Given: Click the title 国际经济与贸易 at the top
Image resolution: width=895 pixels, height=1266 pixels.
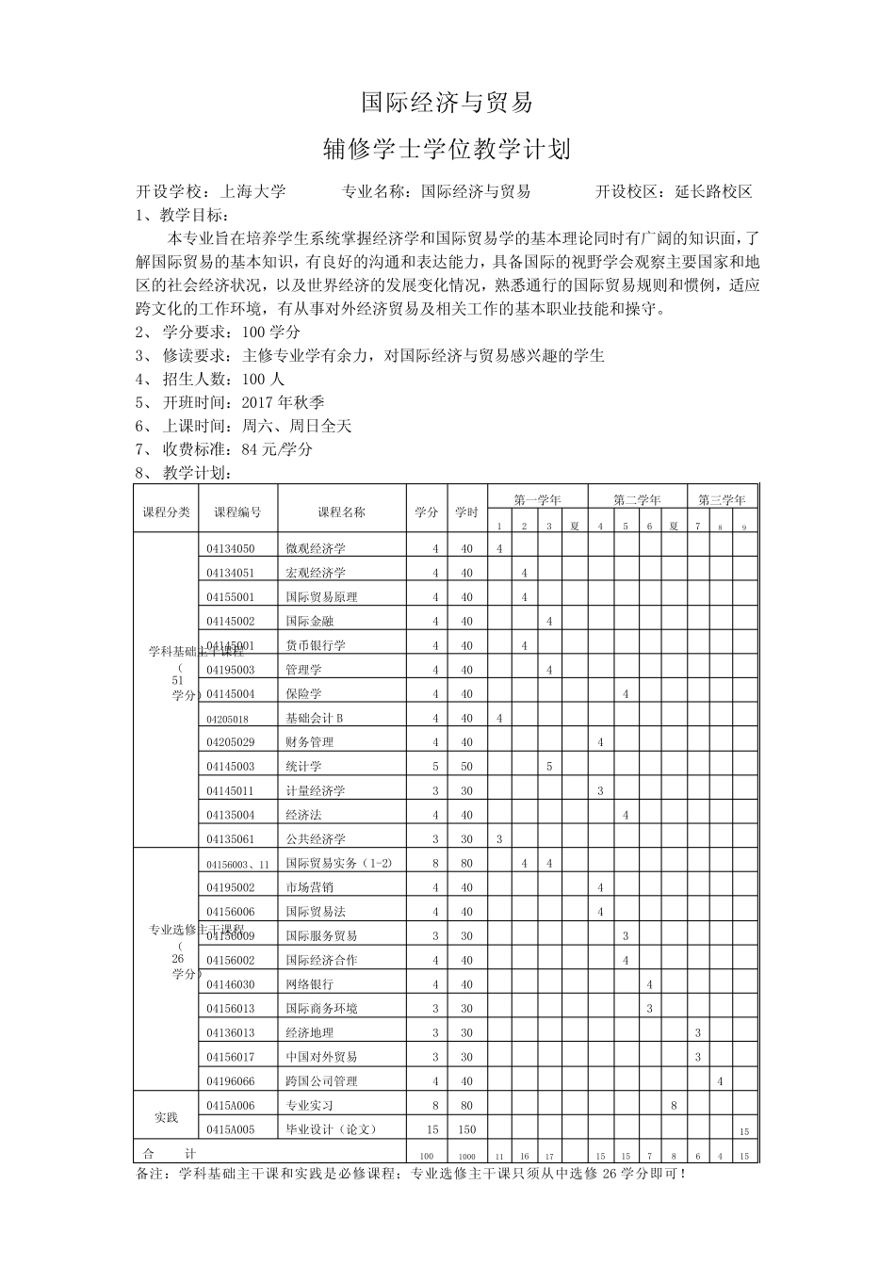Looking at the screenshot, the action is point(447,103).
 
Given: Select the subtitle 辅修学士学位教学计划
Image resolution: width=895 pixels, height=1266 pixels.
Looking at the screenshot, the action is point(447,149).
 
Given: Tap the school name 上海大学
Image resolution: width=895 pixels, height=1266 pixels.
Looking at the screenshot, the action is point(252,192).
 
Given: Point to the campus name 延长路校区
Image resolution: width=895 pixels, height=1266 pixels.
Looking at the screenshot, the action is point(713,192).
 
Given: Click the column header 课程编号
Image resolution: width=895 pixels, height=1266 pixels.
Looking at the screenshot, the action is point(237,512).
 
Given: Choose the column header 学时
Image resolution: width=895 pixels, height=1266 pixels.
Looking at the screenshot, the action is point(466,512).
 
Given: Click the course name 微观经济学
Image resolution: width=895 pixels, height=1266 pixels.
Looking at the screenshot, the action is point(316,548).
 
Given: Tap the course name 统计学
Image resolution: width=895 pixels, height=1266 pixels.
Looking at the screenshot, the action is point(303,767).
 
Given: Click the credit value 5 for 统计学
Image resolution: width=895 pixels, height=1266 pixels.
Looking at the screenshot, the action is point(435,767).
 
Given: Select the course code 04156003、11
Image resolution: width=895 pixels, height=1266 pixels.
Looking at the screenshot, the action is point(237,864).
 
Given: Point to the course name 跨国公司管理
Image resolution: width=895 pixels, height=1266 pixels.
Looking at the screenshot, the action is point(321,1081).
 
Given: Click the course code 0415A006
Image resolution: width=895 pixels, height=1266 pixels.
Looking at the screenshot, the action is point(231,1106).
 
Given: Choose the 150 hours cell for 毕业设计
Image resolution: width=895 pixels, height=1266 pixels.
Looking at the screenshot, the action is point(466,1129).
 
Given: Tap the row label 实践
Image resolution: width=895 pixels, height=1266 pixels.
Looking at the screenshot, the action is point(167,1117).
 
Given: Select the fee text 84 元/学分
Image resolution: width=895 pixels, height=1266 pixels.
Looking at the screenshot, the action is point(277,449).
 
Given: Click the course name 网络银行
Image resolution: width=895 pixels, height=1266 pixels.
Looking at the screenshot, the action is point(309,984).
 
